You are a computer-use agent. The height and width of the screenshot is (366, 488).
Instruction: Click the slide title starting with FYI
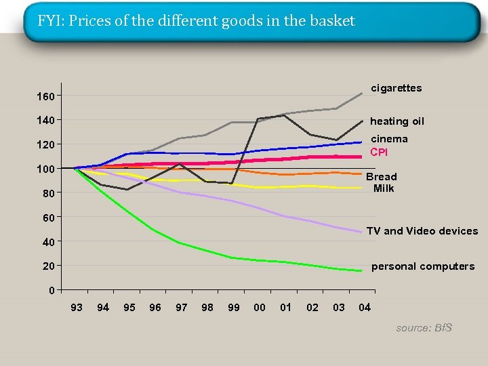[x=196, y=21]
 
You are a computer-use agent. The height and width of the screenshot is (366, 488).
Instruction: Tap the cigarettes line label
[x=396, y=88]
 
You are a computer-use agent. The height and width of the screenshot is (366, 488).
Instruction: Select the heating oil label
[x=396, y=121]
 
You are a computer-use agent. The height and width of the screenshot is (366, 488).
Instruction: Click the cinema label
[x=388, y=139]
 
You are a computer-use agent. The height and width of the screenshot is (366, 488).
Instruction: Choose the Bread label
[x=382, y=176]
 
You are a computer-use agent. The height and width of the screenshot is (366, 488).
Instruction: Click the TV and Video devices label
[x=422, y=231]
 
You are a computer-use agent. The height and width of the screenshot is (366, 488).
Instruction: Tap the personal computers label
[x=422, y=266]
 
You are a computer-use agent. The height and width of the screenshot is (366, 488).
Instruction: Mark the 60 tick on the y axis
[x=47, y=218]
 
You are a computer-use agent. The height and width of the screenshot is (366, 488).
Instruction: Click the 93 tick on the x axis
[x=77, y=308]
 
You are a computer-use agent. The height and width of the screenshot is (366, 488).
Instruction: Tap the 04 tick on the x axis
[x=365, y=308]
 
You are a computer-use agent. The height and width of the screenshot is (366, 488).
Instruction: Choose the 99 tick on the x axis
[x=234, y=308]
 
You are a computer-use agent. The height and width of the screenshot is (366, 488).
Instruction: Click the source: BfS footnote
[x=424, y=328]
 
